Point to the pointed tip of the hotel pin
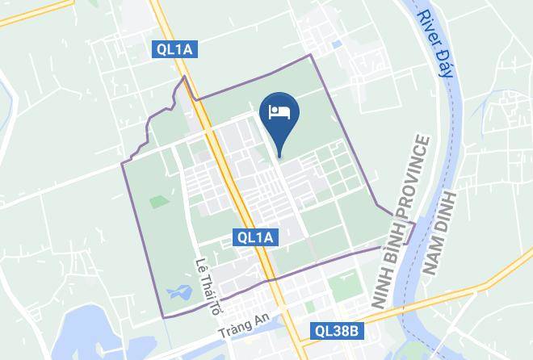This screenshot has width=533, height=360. point(280,156)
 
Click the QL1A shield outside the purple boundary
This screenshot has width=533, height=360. point(176,50)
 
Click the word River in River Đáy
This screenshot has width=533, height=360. point(428,27)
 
